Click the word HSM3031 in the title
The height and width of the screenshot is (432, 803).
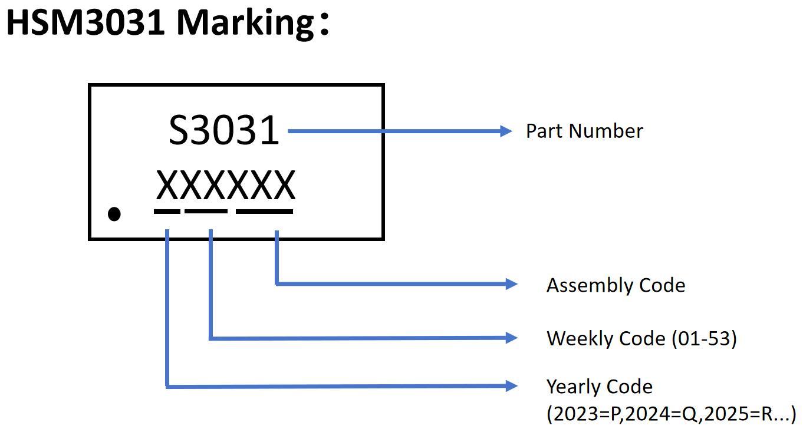85,22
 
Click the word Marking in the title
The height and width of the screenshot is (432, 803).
245,22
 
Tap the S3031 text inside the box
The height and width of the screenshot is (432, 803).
223,130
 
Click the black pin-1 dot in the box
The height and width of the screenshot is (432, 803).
114,214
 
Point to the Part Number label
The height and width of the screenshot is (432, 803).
584,131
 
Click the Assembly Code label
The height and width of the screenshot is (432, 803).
616,285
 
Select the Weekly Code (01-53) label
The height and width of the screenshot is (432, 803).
641,338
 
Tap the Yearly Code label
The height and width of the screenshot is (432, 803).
599,387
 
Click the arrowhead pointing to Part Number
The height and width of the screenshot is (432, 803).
506,131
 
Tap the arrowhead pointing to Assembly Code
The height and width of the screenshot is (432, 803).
511,284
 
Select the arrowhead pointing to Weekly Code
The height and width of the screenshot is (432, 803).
511,338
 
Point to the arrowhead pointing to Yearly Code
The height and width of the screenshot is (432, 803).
511,386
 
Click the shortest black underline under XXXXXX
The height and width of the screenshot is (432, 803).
167,210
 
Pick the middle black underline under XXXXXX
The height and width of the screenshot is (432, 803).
206,210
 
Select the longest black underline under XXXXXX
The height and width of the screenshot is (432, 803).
264,210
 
